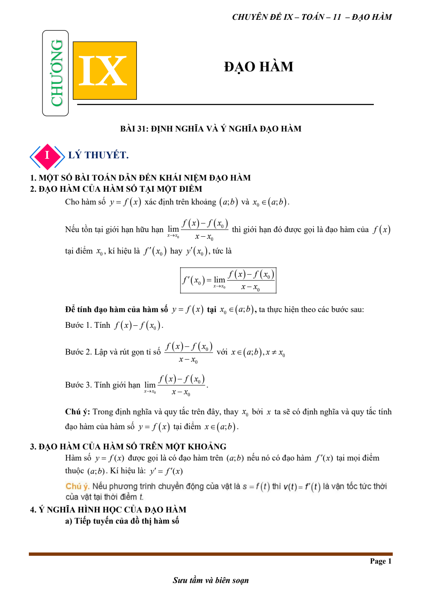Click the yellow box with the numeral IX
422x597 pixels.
pos(105,71)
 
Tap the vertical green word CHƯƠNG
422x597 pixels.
pos(56,73)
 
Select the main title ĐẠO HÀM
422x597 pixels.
pos(258,67)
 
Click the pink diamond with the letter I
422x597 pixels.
pos(47,156)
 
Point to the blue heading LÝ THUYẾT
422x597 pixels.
pos(98,155)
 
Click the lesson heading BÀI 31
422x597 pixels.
pos(211,129)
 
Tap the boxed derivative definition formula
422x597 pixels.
pos(228,280)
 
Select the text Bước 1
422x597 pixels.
pos(78,325)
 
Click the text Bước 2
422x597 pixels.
pos(78,352)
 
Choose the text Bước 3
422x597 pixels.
pos(78,385)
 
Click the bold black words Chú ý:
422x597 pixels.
pos(77,412)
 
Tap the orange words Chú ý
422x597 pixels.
pos(77,487)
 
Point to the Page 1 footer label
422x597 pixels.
pos(380,561)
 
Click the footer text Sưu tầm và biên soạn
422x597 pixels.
pos(211,580)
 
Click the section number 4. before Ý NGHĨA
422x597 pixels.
pos(33,510)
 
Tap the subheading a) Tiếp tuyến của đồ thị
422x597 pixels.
pos(122,521)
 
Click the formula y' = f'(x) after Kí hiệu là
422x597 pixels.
pos(166,471)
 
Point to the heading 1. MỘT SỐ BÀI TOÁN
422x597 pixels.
pos(140,178)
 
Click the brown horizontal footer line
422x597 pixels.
pos(211,554)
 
